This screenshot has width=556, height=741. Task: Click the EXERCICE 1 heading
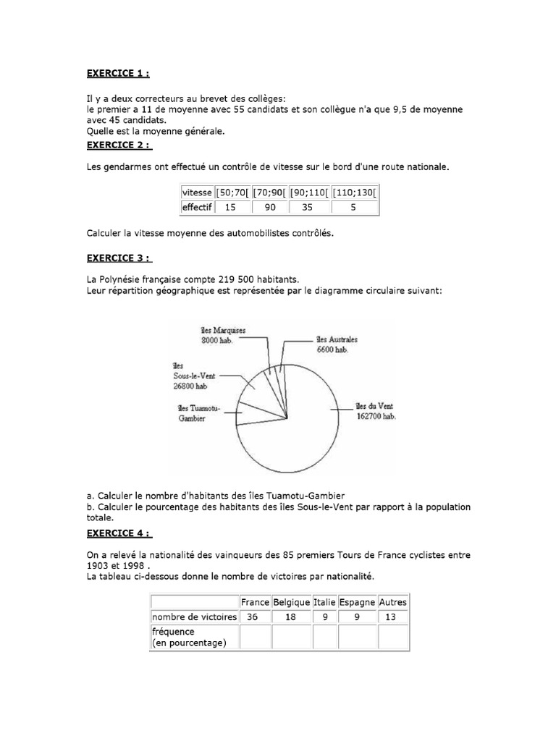click(x=119, y=74)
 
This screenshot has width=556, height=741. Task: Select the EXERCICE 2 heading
click(x=119, y=145)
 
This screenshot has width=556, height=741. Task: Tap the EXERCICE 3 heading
click(x=119, y=258)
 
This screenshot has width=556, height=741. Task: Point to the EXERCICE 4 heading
click(x=119, y=534)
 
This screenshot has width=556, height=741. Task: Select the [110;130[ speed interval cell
click(x=355, y=193)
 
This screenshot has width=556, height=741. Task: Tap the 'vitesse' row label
click(x=197, y=193)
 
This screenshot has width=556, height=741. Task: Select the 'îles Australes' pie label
click(x=337, y=339)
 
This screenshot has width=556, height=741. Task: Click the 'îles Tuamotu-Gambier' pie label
click(x=198, y=413)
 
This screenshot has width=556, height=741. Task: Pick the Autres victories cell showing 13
click(x=392, y=617)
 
